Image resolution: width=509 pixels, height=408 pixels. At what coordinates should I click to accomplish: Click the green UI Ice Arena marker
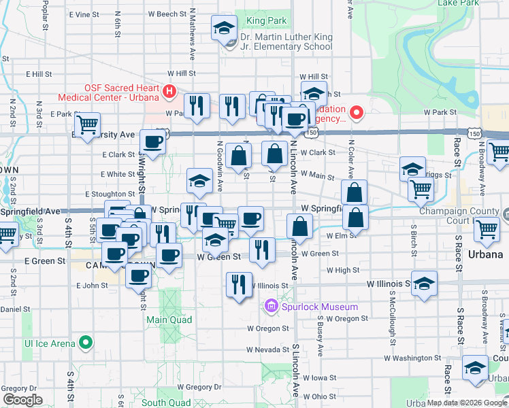tap(86, 343)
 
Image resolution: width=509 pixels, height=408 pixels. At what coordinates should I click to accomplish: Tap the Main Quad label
tap(169, 320)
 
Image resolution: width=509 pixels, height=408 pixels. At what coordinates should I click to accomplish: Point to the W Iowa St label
tap(320, 377)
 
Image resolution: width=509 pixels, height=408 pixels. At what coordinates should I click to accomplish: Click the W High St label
tap(343, 270)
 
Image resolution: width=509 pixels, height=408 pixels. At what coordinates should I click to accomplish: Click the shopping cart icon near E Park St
tap(87, 126)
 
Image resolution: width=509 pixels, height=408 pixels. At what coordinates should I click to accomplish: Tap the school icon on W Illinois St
tap(424, 284)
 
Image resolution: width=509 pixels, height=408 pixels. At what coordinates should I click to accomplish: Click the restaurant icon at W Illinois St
tap(237, 284)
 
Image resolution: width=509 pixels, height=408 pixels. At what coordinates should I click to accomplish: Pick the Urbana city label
tap(486, 254)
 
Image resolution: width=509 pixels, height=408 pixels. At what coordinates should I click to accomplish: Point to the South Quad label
tap(166, 403)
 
